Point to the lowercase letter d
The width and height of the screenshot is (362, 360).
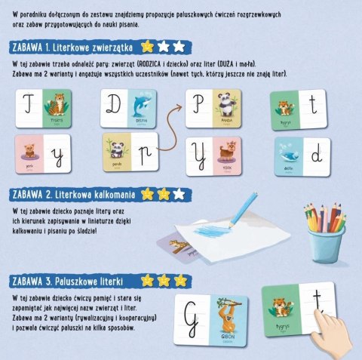pyautogui.click(x=318, y=155)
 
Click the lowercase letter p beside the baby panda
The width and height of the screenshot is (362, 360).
pyautogui.click(x=146, y=153)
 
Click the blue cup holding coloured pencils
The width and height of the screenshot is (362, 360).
pyautogui.click(x=327, y=242)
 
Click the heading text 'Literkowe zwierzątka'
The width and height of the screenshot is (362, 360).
pyautogui.click(x=94, y=47)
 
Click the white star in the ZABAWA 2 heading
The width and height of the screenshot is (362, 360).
pyautogui.click(x=178, y=194)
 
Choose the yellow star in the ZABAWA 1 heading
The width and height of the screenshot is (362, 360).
pyautogui.click(x=149, y=47)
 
